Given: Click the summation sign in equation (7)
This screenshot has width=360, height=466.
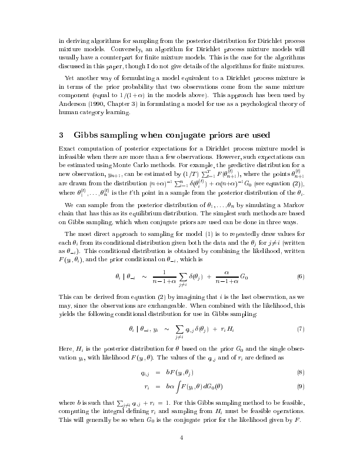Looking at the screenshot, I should tap(178, 328).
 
